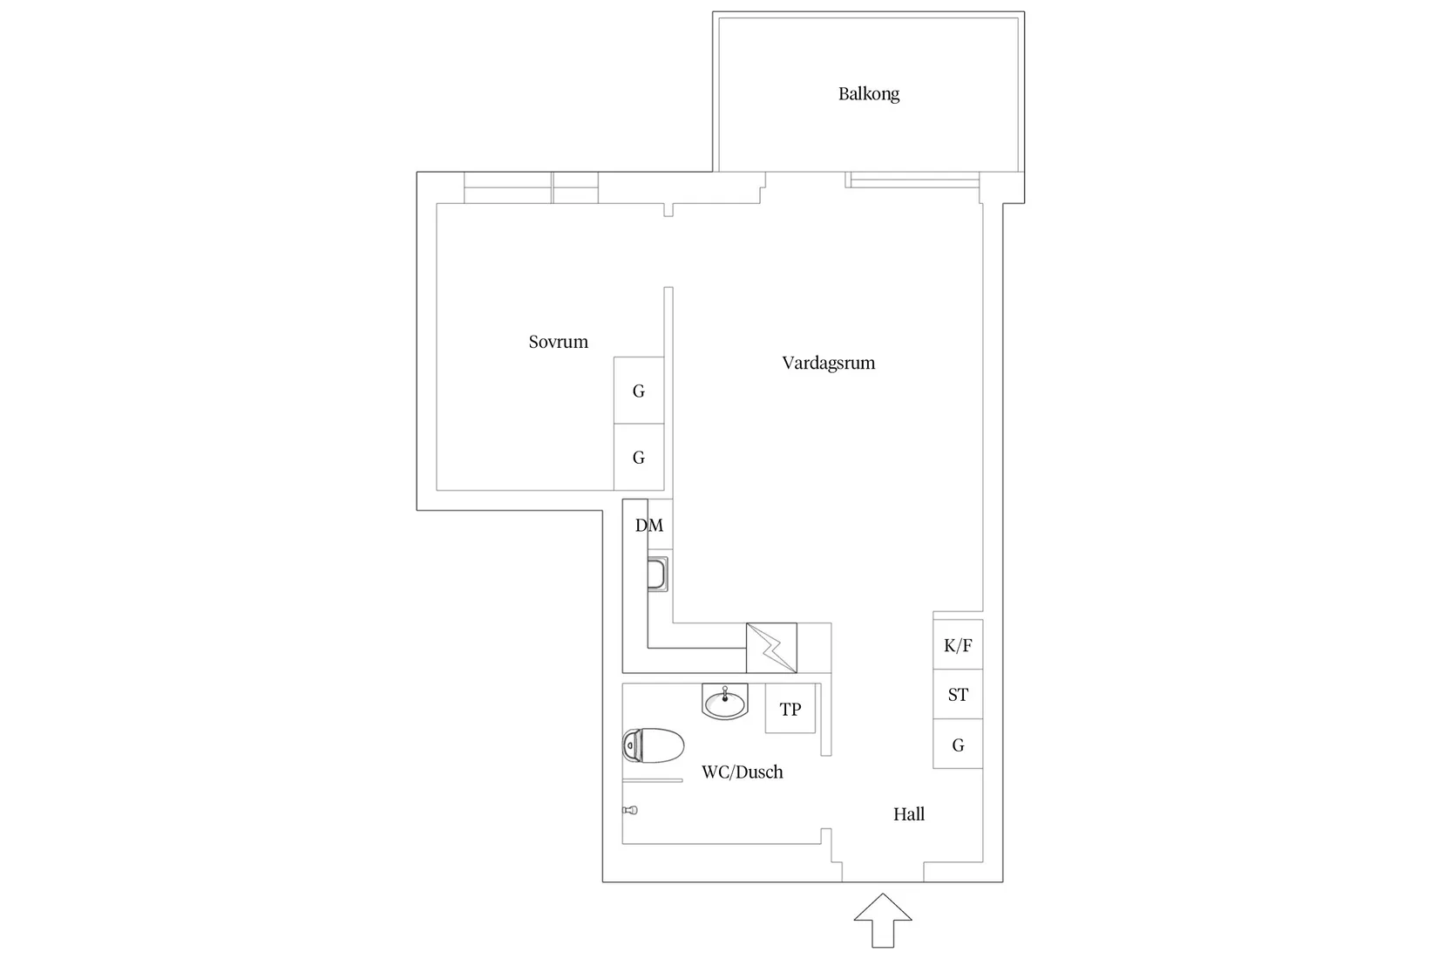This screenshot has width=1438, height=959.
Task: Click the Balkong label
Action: click(868, 94)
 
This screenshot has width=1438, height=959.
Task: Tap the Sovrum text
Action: click(558, 342)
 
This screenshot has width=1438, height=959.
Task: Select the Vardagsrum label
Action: click(828, 363)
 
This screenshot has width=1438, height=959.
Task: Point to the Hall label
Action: click(908, 814)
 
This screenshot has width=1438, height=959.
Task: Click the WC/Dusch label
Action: click(742, 772)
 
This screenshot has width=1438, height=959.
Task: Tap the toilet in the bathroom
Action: click(655, 746)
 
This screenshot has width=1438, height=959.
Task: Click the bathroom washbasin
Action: click(725, 702)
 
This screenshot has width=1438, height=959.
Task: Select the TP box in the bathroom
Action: click(790, 709)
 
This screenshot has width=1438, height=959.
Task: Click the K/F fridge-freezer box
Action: click(958, 645)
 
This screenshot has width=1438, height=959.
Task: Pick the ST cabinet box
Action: click(958, 695)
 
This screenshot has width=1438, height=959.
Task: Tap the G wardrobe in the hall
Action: click(958, 745)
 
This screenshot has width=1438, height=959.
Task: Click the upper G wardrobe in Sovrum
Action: click(639, 391)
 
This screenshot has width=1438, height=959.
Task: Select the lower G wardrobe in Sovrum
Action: click(639, 458)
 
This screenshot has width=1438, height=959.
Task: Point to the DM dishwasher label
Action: click(649, 526)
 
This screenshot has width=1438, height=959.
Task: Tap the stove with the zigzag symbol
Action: click(771, 648)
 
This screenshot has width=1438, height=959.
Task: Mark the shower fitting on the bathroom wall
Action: click(630, 810)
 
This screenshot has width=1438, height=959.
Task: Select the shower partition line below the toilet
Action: click(652, 779)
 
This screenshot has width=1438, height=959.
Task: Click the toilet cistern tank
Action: click(631, 746)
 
